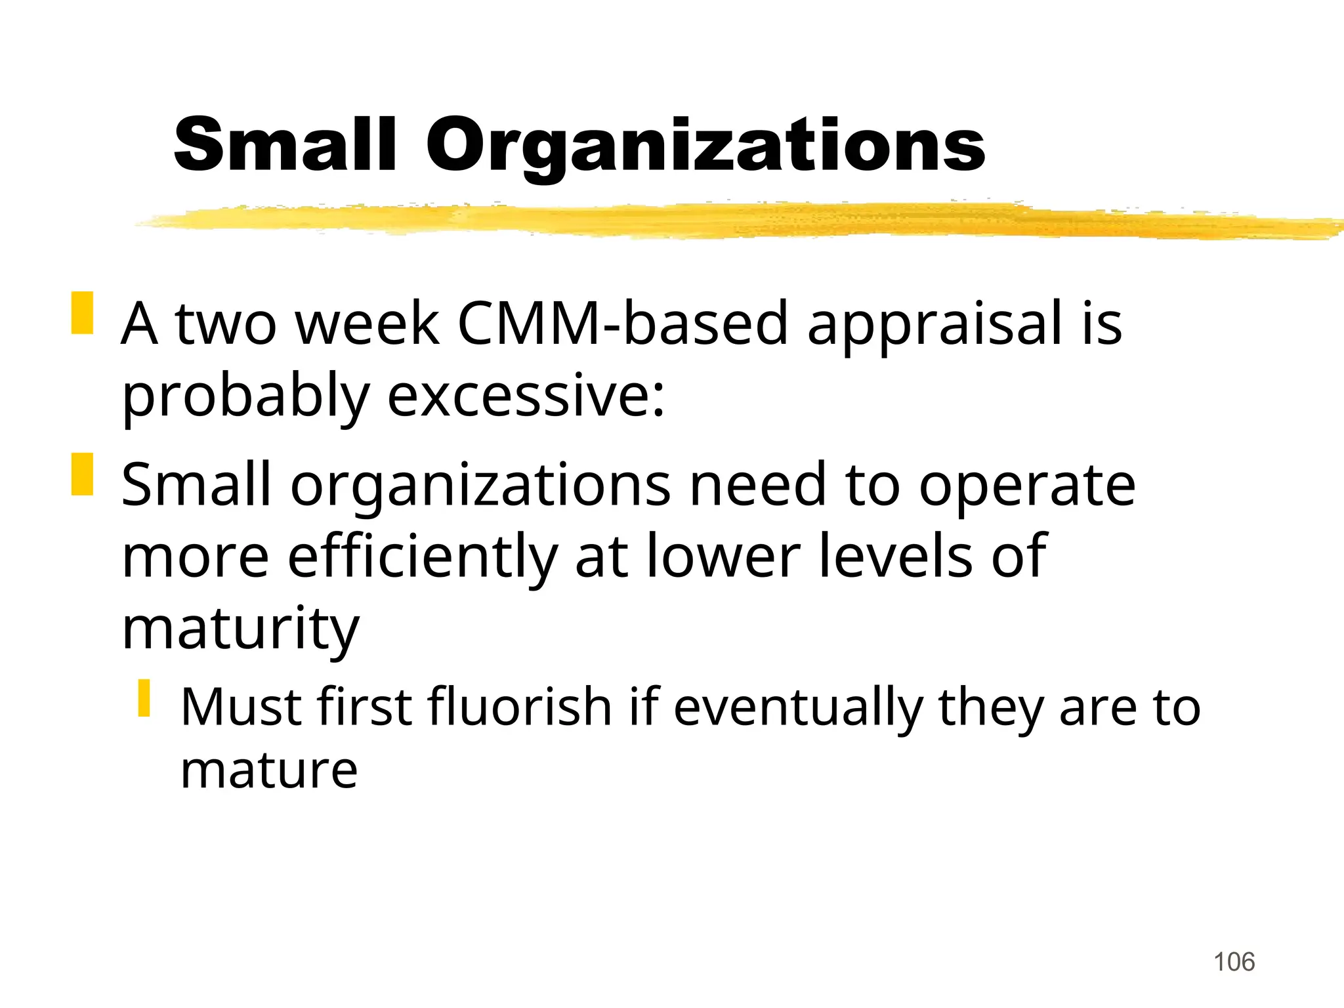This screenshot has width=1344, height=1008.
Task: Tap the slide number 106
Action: click(x=1234, y=962)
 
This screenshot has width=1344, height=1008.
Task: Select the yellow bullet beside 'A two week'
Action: click(x=82, y=313)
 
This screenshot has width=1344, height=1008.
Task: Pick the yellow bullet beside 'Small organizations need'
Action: click(x=82, y=474)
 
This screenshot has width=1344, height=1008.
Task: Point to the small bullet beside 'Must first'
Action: click(x=144, y=698)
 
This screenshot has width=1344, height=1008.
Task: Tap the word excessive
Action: click(x=526, y=396)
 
